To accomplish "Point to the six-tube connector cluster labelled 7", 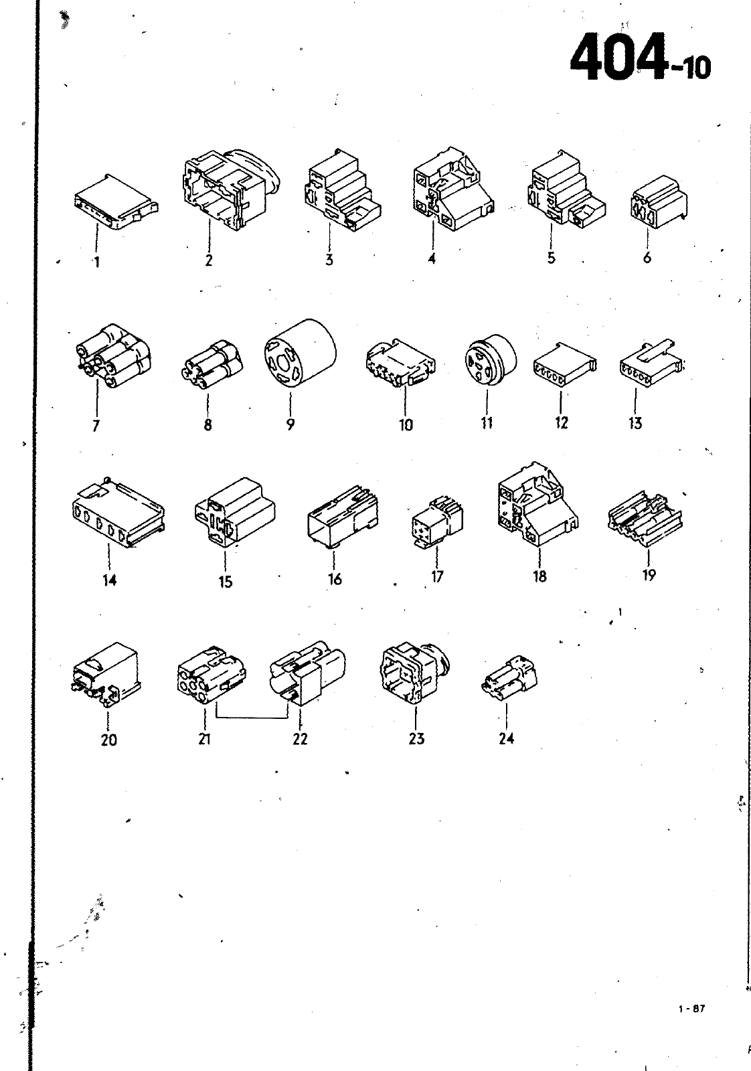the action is coord(113,355).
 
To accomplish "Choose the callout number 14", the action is coord(109,580).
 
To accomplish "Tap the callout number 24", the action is coord(506,739).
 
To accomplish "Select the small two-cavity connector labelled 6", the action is coord(659,202).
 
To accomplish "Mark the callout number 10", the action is coord(406,424).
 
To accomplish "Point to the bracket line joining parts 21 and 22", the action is coord(252,718).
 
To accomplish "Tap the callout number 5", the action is coord(551,258).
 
